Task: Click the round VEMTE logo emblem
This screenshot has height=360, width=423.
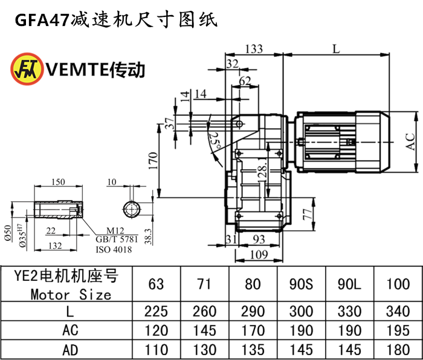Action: [27, 69]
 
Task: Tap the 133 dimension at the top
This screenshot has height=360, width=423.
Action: [254, 49]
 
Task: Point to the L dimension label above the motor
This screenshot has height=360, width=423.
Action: [336, 49]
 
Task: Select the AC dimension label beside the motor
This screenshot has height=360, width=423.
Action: [410, 141]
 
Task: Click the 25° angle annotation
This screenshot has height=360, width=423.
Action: [215, 141]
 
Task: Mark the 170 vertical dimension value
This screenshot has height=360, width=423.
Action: [153, 161]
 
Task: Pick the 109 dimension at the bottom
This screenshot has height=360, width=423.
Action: [259, 254]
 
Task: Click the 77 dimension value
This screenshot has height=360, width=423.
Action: [308, 214]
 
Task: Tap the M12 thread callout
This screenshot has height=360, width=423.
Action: [115, 231]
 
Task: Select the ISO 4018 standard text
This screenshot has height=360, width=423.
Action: [114, 249]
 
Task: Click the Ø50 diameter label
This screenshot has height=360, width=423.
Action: [8, 233]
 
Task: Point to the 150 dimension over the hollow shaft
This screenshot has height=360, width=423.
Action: [58, 182]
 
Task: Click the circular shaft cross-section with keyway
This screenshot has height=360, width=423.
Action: [132, 209]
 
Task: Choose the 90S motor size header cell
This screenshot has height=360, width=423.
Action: [301, 284]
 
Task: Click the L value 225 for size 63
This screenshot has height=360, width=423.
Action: [156, 311]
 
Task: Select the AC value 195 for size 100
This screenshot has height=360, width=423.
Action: [398, 330]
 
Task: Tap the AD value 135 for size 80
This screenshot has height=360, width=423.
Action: [253, 350]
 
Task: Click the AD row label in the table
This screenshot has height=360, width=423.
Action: [70, 350]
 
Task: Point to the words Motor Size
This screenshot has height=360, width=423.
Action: [71, 295]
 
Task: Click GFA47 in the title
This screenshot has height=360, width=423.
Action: [42, 20]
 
